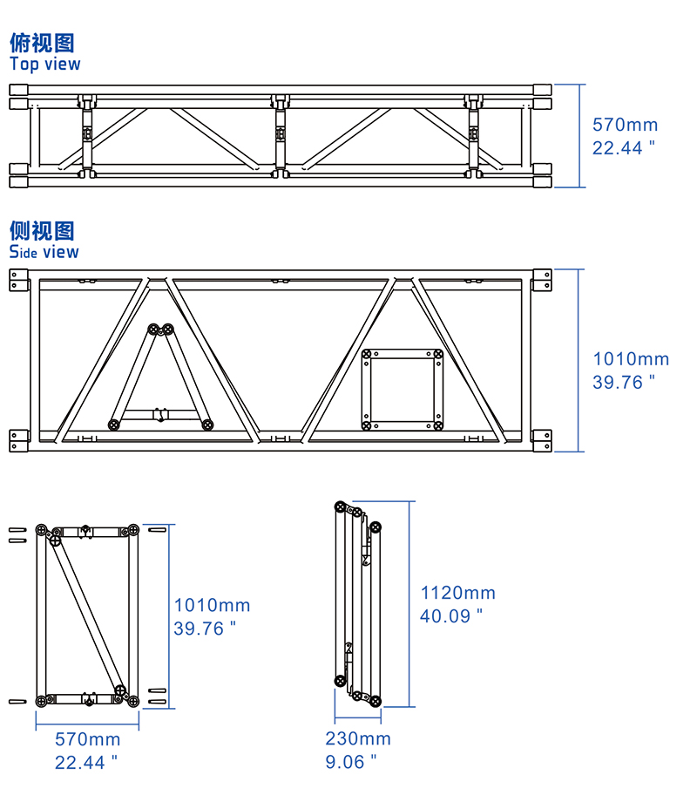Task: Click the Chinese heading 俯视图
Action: (42, 43)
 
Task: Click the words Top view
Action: (44, 64)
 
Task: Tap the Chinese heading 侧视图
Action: (42, 231)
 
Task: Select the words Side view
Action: (44, 252)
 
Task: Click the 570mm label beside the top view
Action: (625, 125)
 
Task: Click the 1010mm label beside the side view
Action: (631, 358)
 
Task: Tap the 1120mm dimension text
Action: (457, 593)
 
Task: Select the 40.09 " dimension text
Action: (451, 615)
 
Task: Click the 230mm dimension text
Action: (358, 738)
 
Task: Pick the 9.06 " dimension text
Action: (351, 761)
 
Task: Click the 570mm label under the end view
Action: (88, 739)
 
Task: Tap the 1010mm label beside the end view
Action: (212, 605)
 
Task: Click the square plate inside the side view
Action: (403, 389)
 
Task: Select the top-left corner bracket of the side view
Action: (19, 280)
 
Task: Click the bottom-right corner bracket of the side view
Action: (541, 440)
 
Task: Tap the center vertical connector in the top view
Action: (280, 134)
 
